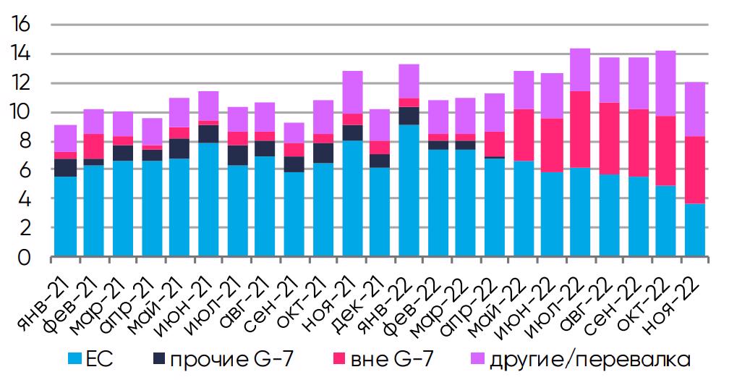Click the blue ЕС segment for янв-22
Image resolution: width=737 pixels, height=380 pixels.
tap(409, 190)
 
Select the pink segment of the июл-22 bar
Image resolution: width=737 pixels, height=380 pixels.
tap(581, 130)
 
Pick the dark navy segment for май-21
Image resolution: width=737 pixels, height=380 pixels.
tap(180, 148)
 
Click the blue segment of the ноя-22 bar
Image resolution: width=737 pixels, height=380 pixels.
tap(696, 229)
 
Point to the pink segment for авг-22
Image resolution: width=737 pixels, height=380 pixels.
tap(610, 138)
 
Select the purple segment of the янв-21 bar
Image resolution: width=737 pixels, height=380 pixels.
tap(65, 138)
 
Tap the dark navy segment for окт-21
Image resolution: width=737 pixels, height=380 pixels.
tap(323, 153)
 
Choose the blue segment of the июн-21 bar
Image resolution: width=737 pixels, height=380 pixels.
tap(208, 199)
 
